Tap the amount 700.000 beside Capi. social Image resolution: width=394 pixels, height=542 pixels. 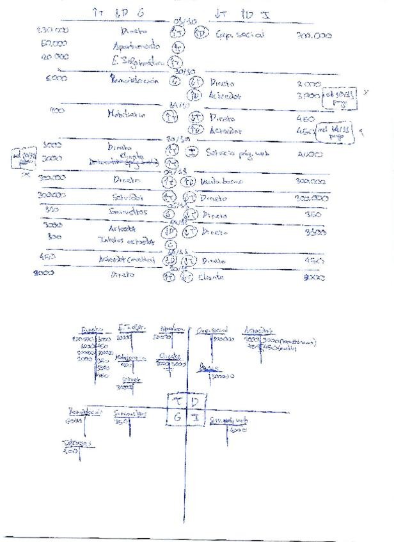pos(314,36)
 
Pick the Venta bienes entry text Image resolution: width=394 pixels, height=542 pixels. pos(221,182)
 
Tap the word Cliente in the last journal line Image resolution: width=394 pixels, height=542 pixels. pos(210,277)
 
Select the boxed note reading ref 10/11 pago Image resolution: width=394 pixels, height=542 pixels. pos(338,96)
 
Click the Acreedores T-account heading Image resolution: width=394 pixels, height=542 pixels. pos(259,330)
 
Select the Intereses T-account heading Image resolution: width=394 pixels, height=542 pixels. pos(76,442)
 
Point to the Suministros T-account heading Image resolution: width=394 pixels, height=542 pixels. pos(130,414)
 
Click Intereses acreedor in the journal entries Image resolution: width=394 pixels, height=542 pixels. pos(127,240)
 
